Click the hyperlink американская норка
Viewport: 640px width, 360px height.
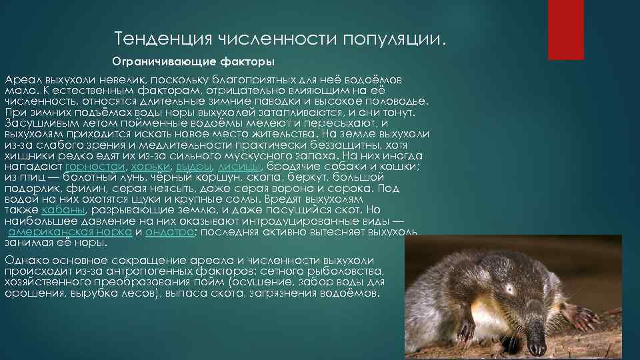(x=70, y=232)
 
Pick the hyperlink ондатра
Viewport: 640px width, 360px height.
(x=170, y=232)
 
